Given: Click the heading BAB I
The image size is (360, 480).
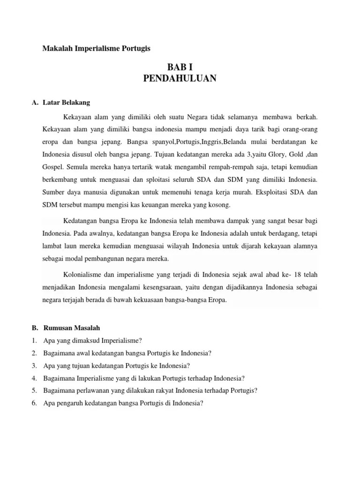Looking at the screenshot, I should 180,67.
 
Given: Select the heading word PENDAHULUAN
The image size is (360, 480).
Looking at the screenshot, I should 180,79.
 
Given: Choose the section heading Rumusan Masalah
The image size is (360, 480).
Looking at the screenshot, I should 71,327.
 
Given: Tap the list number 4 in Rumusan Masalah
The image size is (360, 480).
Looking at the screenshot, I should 35,378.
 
